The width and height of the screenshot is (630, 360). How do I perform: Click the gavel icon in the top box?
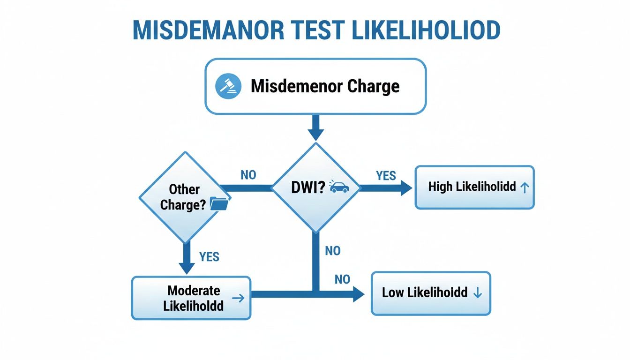pyautogui.click(x=228, y=86)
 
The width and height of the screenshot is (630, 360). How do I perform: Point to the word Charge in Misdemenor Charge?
pyautogui.click(x=374, y=86)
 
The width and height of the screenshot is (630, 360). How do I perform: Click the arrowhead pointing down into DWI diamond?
pyautogui.click(x=316, y=133)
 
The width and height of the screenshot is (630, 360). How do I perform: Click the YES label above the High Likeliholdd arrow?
pyautogui.click(x=386, y=176)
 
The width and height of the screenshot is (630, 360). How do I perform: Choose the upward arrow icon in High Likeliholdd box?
pyautogui.click(x=525, y=187)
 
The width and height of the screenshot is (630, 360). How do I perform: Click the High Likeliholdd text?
pyautogui.click(x=472, y=187)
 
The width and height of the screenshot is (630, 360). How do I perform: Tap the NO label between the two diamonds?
pyautogui.click(x=248, y=175)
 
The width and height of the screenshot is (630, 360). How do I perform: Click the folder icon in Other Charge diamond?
pyautogui.click(x=219, y=204)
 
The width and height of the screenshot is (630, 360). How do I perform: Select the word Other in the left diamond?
pyautogui.click(x=185, y=189)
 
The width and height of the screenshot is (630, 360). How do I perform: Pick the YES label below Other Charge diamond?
pyautogui.click(x=209, y=256)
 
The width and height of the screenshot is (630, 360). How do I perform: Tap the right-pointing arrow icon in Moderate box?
pyautogui.click(x=238, y=298)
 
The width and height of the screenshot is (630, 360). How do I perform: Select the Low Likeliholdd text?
pyautogui.click(x=425, y=293)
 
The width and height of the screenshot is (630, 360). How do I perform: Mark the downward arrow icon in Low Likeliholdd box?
pyautogui.click(x=477, y=293)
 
